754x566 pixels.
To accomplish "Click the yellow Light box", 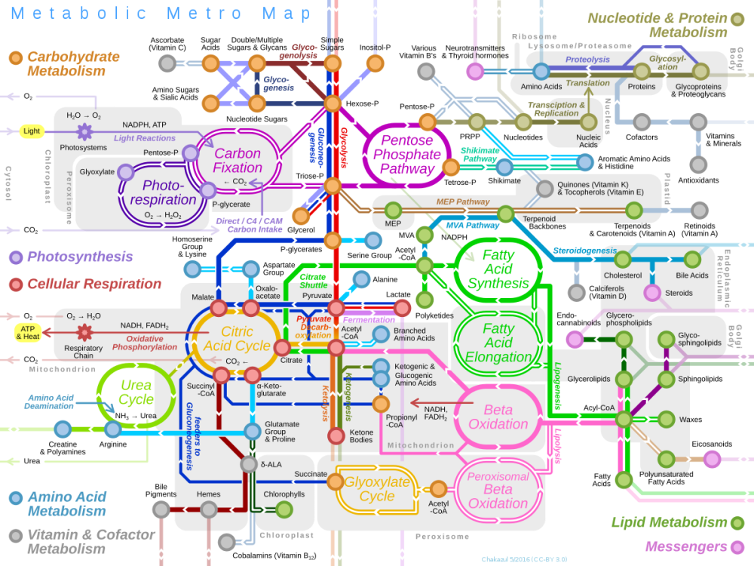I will (32, 131).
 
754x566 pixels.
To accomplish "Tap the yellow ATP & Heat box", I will (28, 332).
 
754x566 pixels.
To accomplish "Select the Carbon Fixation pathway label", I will (237, 160).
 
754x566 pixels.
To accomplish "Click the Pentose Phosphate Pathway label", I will (406, 154).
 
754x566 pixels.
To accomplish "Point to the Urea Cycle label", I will (136, 392).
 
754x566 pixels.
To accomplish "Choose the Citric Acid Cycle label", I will (237, 339).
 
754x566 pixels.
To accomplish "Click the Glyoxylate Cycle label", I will (376, 488).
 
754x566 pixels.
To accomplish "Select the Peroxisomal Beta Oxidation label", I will (498, 490).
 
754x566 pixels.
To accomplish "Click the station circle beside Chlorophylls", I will (284, 509).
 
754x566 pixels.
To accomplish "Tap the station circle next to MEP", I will (393, 210).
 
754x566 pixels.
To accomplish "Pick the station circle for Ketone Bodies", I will (336, 435).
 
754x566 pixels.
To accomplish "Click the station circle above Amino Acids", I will (541, 72).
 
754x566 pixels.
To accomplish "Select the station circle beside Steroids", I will (652, 293).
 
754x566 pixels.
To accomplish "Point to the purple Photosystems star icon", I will (84, 131).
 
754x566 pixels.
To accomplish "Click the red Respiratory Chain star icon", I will (84, 332).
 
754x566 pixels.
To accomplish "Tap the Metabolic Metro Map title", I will (161, 14).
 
